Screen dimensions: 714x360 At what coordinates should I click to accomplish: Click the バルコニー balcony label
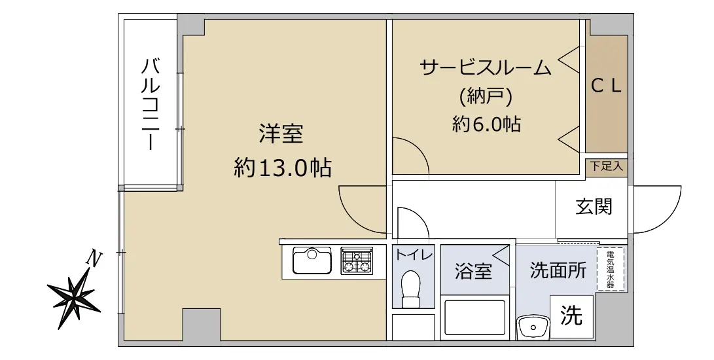[x=150, y=104]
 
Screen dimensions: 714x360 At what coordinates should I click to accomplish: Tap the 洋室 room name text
[x=281, y=134]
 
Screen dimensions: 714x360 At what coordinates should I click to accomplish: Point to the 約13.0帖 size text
[x=282, y=168]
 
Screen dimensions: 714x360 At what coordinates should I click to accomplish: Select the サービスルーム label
[x=486, y=68]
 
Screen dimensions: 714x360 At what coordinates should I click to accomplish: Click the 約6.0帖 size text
[x=486, y=124]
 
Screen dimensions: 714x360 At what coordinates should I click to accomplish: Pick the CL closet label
[x=607, y=86]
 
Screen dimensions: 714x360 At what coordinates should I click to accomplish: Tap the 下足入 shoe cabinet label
[x=606, y=166]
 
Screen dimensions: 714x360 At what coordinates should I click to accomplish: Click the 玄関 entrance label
[x=594, y=207]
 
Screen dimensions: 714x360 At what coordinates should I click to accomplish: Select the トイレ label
[x=414, y=254]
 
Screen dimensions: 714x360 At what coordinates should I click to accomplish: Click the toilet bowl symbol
[x=412, y=289]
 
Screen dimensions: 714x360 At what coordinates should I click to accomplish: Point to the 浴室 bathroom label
[x=473, y=272]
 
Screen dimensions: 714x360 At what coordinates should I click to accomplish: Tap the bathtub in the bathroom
[x=474, y=317]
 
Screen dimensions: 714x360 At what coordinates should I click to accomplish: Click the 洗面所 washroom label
[x=558, y=271]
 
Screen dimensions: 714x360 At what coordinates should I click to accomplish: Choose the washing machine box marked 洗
[x=571, y=316]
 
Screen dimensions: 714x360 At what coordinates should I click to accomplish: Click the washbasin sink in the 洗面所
[x=533, y=326]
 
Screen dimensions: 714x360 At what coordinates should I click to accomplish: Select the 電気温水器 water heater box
[x=610, y=269]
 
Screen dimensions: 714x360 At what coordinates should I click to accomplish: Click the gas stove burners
[x=357, y=261]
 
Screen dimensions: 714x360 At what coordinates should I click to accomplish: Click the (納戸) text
[x=486, y=96]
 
